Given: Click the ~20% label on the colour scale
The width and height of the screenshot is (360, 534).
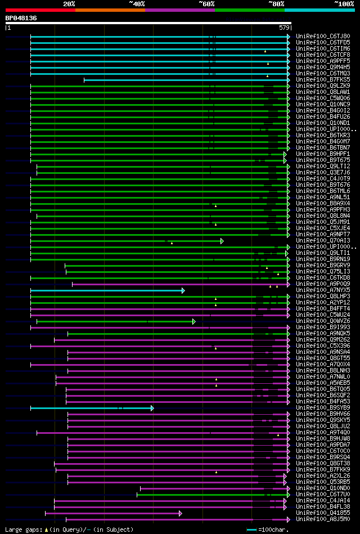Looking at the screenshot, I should (x=69, y=3).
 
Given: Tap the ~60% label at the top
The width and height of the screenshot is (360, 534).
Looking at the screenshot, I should (x=206, y=3).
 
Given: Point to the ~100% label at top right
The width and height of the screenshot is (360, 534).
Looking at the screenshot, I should (x=344, y=3).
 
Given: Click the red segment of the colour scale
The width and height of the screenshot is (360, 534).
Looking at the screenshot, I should (x=40, y=10).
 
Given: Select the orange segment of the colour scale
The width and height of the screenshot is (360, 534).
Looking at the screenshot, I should (x=110, y=10).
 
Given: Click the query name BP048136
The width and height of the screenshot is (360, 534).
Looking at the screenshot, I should (x=21, y=18).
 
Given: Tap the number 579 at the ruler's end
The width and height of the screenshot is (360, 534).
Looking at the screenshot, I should (x=284, y=28).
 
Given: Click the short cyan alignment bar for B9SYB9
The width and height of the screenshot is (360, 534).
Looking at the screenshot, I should (x=90, y=408).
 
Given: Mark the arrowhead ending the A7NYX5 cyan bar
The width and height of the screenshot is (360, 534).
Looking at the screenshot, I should (x=183, y=290).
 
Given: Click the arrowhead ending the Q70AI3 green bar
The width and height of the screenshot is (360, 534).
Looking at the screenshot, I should (x=222, y=241).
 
